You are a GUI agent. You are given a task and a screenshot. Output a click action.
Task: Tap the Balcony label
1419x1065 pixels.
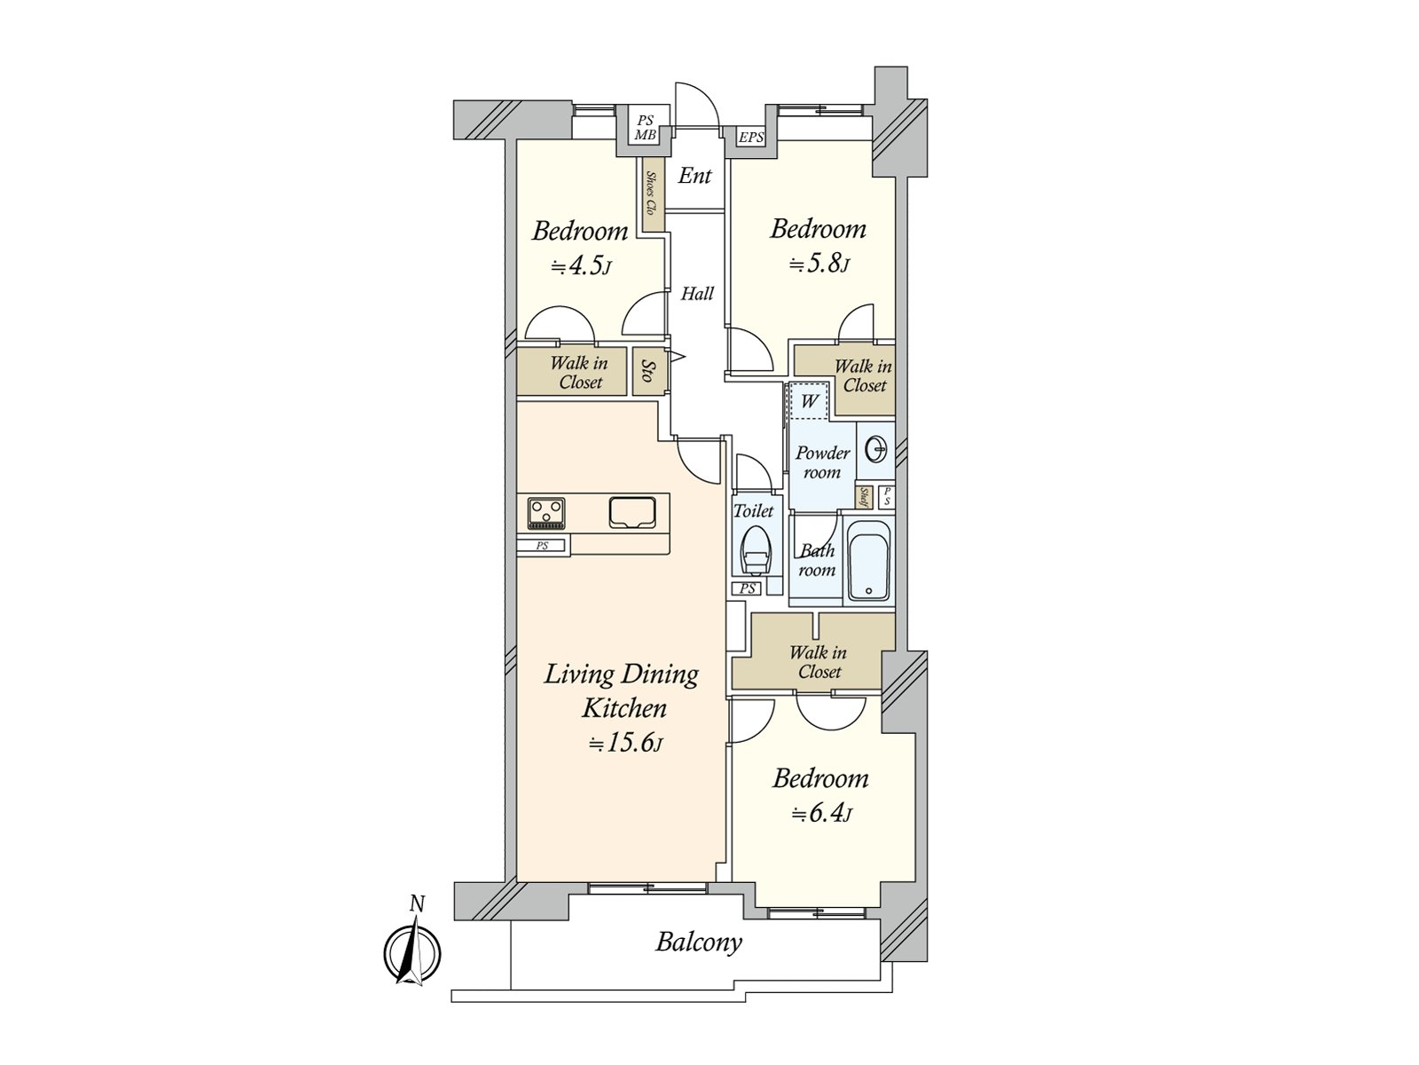pyautogui.click(x=698, y=943)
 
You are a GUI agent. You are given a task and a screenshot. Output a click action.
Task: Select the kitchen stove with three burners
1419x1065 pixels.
pyautogui.click(x=546, y=514)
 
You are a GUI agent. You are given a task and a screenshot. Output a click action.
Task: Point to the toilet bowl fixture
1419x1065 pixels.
pyautogui.click(x=754, y=551)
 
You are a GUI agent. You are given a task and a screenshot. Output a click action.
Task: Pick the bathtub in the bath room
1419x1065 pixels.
pyautogui.click(x=868, y=559)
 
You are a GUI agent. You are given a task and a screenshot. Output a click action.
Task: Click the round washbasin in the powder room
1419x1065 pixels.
pyautogui.click(x=877, y=448)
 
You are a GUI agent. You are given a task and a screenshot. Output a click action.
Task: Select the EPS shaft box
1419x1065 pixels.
pyautogui.click(x=751, y=138)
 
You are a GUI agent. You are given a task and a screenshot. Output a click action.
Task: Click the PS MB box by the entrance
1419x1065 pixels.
pyautogui.click(x=645, y=128)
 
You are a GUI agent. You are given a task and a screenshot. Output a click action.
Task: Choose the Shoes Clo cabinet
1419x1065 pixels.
pyautogui.click(x=653, y=194)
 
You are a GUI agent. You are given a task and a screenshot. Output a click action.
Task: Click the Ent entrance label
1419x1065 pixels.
pyautogui.click(x=695, y=176)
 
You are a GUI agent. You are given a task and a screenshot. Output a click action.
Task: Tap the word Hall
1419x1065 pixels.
pyautogui.click(x=697, y=295)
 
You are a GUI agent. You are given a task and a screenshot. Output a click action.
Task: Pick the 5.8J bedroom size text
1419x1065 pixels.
pyautogui.click(x=819, y=264)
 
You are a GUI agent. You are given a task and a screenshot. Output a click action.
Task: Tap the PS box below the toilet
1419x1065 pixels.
pyautogui.click(x=748, y=588)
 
